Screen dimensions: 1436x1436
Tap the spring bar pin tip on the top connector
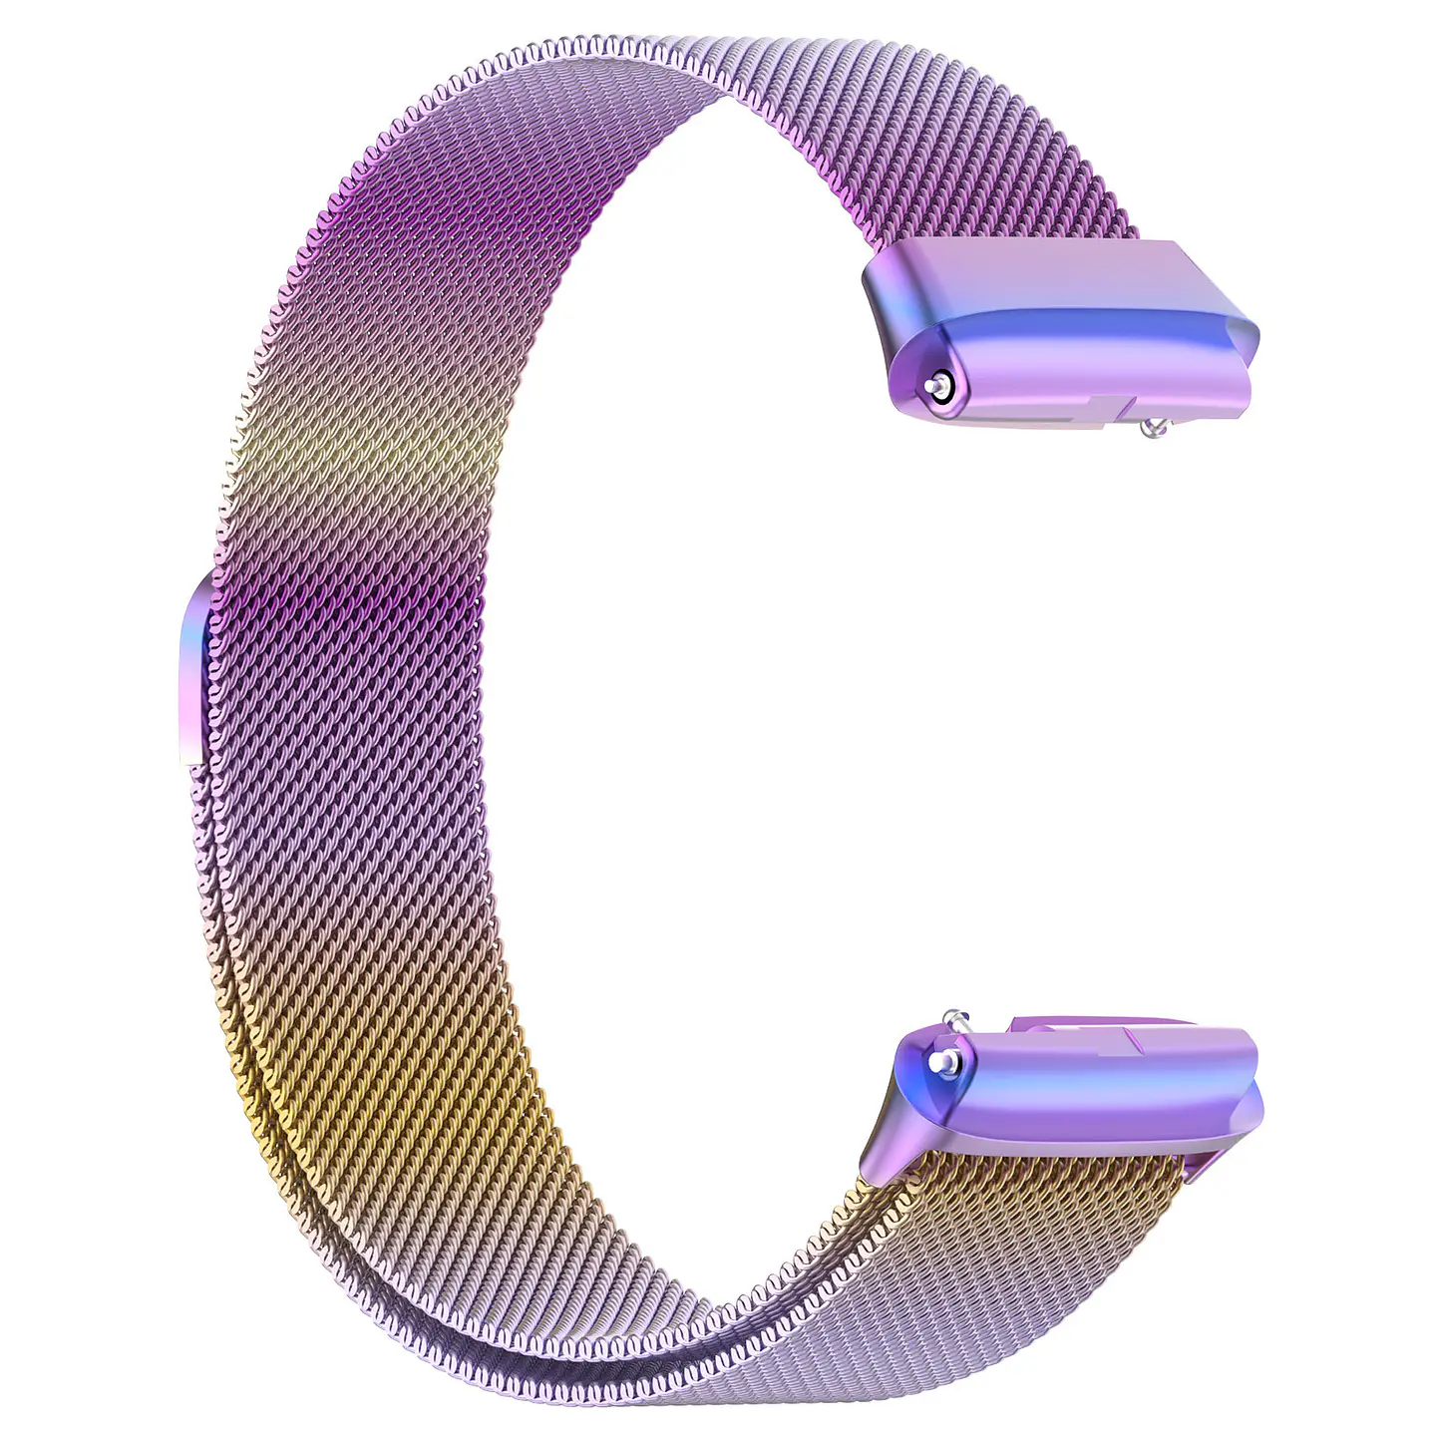(934, 385)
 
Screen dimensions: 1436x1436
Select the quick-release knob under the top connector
(1154, 428)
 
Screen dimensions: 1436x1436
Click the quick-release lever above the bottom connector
(955, 1018)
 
